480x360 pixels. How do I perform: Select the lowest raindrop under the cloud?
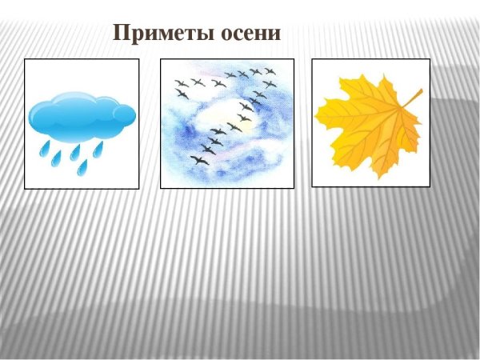coord(82,167)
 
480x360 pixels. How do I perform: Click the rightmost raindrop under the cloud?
coord(98,149)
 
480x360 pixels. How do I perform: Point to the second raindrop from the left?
coord(56,158)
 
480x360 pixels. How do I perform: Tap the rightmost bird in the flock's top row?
coord(270,71)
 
